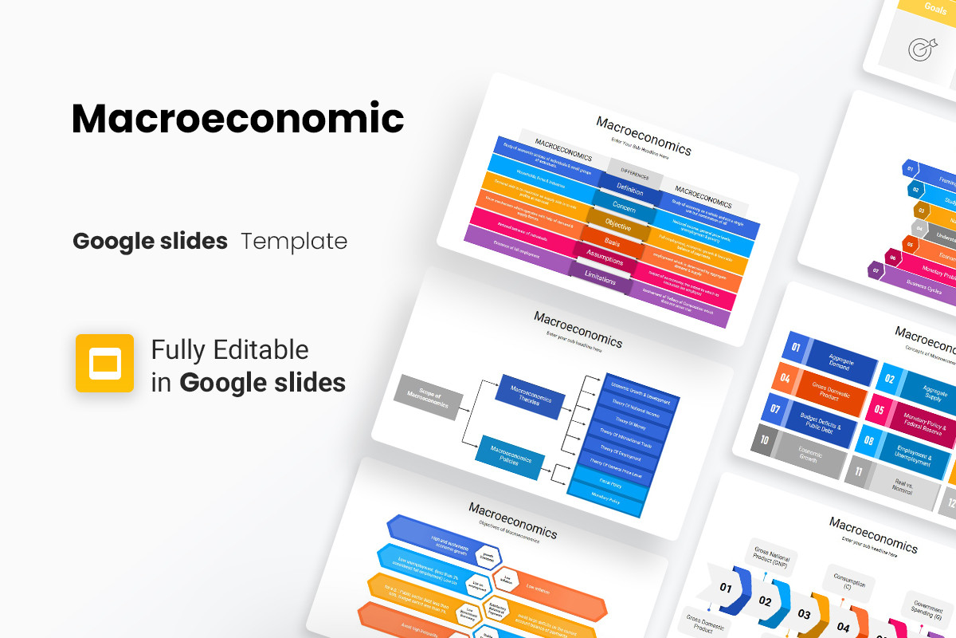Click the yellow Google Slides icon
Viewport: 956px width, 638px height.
[104, 363]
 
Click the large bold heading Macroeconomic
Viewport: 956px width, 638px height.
[237, 119]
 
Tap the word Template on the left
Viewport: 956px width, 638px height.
[294, 241]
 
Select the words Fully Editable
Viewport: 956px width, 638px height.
[229, 349]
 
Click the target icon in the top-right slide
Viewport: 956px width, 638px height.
[918, 49]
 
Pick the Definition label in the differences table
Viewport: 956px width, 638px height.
[629, 189]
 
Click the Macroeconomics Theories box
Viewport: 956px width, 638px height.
[530, 396]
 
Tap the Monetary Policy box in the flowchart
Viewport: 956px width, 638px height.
[605, 500]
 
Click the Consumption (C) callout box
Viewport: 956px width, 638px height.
[849, 581]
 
